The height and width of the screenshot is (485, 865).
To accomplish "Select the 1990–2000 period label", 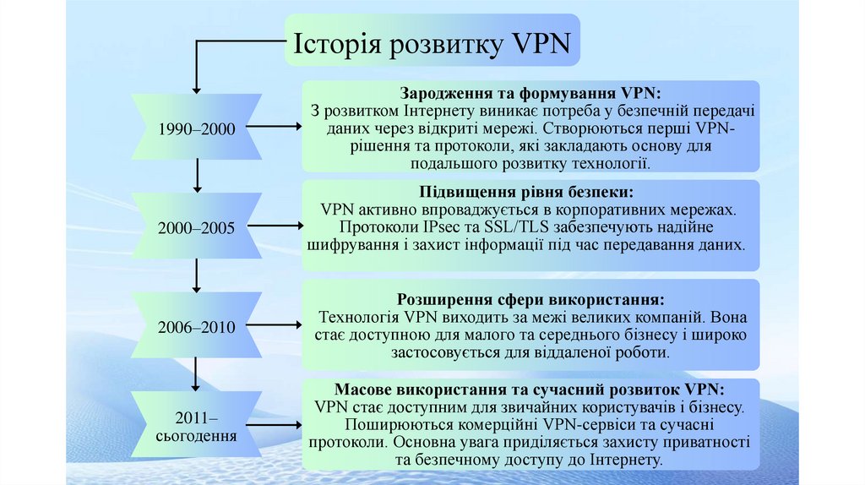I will (x=197, y=128).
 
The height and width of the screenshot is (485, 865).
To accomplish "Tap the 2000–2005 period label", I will (x=197, y=228).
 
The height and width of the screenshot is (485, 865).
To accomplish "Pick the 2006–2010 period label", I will (x=197, y=326).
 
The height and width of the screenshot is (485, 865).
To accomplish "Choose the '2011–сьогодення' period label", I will (x=197, y=426).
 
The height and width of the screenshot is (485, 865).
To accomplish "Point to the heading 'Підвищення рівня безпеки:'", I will (x=531, y=192).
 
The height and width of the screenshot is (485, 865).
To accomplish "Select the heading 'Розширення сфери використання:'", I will (x=531, y=300).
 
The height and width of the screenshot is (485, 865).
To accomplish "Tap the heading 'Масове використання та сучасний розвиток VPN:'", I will (x=530, y=390).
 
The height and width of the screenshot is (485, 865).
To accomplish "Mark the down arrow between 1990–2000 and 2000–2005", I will (x=197, y=176).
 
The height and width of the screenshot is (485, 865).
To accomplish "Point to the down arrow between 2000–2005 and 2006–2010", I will (x=197, y=275).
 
